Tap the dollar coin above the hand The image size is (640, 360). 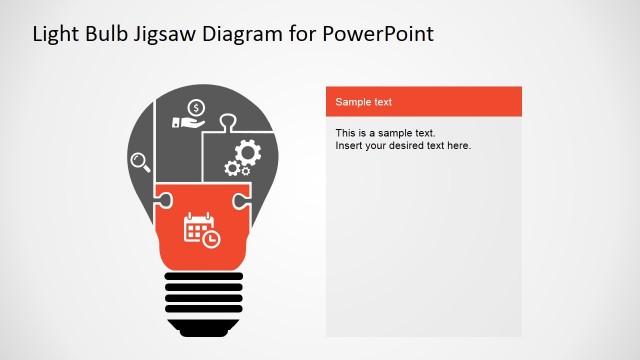[197, 107]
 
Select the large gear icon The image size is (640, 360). [246, 153]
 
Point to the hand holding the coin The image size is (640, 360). [187, 122]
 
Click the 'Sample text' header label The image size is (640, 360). [363, 102]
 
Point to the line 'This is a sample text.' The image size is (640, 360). [386, 133]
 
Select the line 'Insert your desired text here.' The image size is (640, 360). [403, 146]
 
